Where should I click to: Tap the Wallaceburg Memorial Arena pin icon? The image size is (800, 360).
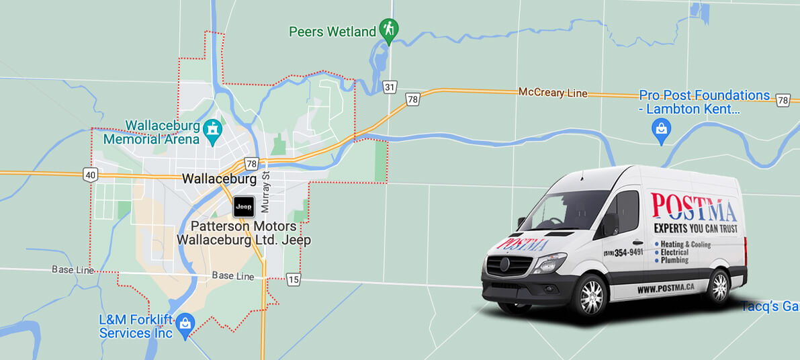coord(214,133)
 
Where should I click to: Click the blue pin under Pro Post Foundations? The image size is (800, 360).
coord(662,130)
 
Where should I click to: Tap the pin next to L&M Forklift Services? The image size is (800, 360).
coord(185,325)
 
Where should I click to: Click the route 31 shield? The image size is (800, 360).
coord(390,87)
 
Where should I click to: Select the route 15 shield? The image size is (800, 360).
coord(293,279)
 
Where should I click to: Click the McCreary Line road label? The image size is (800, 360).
coord(552,93)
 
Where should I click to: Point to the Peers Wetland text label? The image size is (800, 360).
coord(332,32)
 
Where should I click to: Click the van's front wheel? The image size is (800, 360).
coord(591,295)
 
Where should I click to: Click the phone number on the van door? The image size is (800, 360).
coord(623,252)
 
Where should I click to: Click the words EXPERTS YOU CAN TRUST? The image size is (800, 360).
coord(694,230)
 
